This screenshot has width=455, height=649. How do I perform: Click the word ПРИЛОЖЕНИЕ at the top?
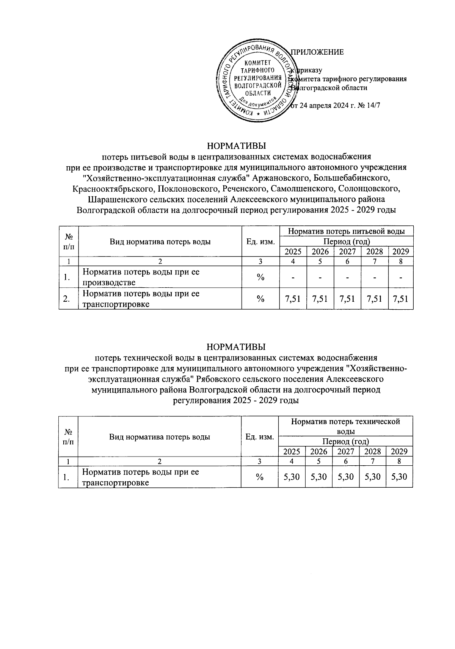(x=317, y=52)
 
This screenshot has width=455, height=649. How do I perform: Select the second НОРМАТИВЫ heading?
(x=236, y=347)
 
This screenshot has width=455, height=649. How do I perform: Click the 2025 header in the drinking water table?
(x=293, y=251)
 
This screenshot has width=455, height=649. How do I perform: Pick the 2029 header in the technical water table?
(x=399, y=451)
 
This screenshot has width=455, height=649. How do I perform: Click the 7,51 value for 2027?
(x=347, y=299)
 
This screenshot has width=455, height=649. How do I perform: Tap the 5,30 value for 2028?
(x=372, y=477)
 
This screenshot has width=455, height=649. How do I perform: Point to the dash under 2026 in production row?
(x=320, y=277)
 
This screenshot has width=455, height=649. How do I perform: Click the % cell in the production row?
(x=260, y=277)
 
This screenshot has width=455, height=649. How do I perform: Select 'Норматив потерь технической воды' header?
(x=345, y=426)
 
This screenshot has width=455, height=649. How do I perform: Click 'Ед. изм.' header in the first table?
(x=260, y=242)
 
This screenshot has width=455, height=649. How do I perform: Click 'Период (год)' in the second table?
(x=345, y=441)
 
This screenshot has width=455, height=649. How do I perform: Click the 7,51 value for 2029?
(x=401, y=299)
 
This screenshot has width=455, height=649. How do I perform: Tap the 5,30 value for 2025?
(x=292, y=477)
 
